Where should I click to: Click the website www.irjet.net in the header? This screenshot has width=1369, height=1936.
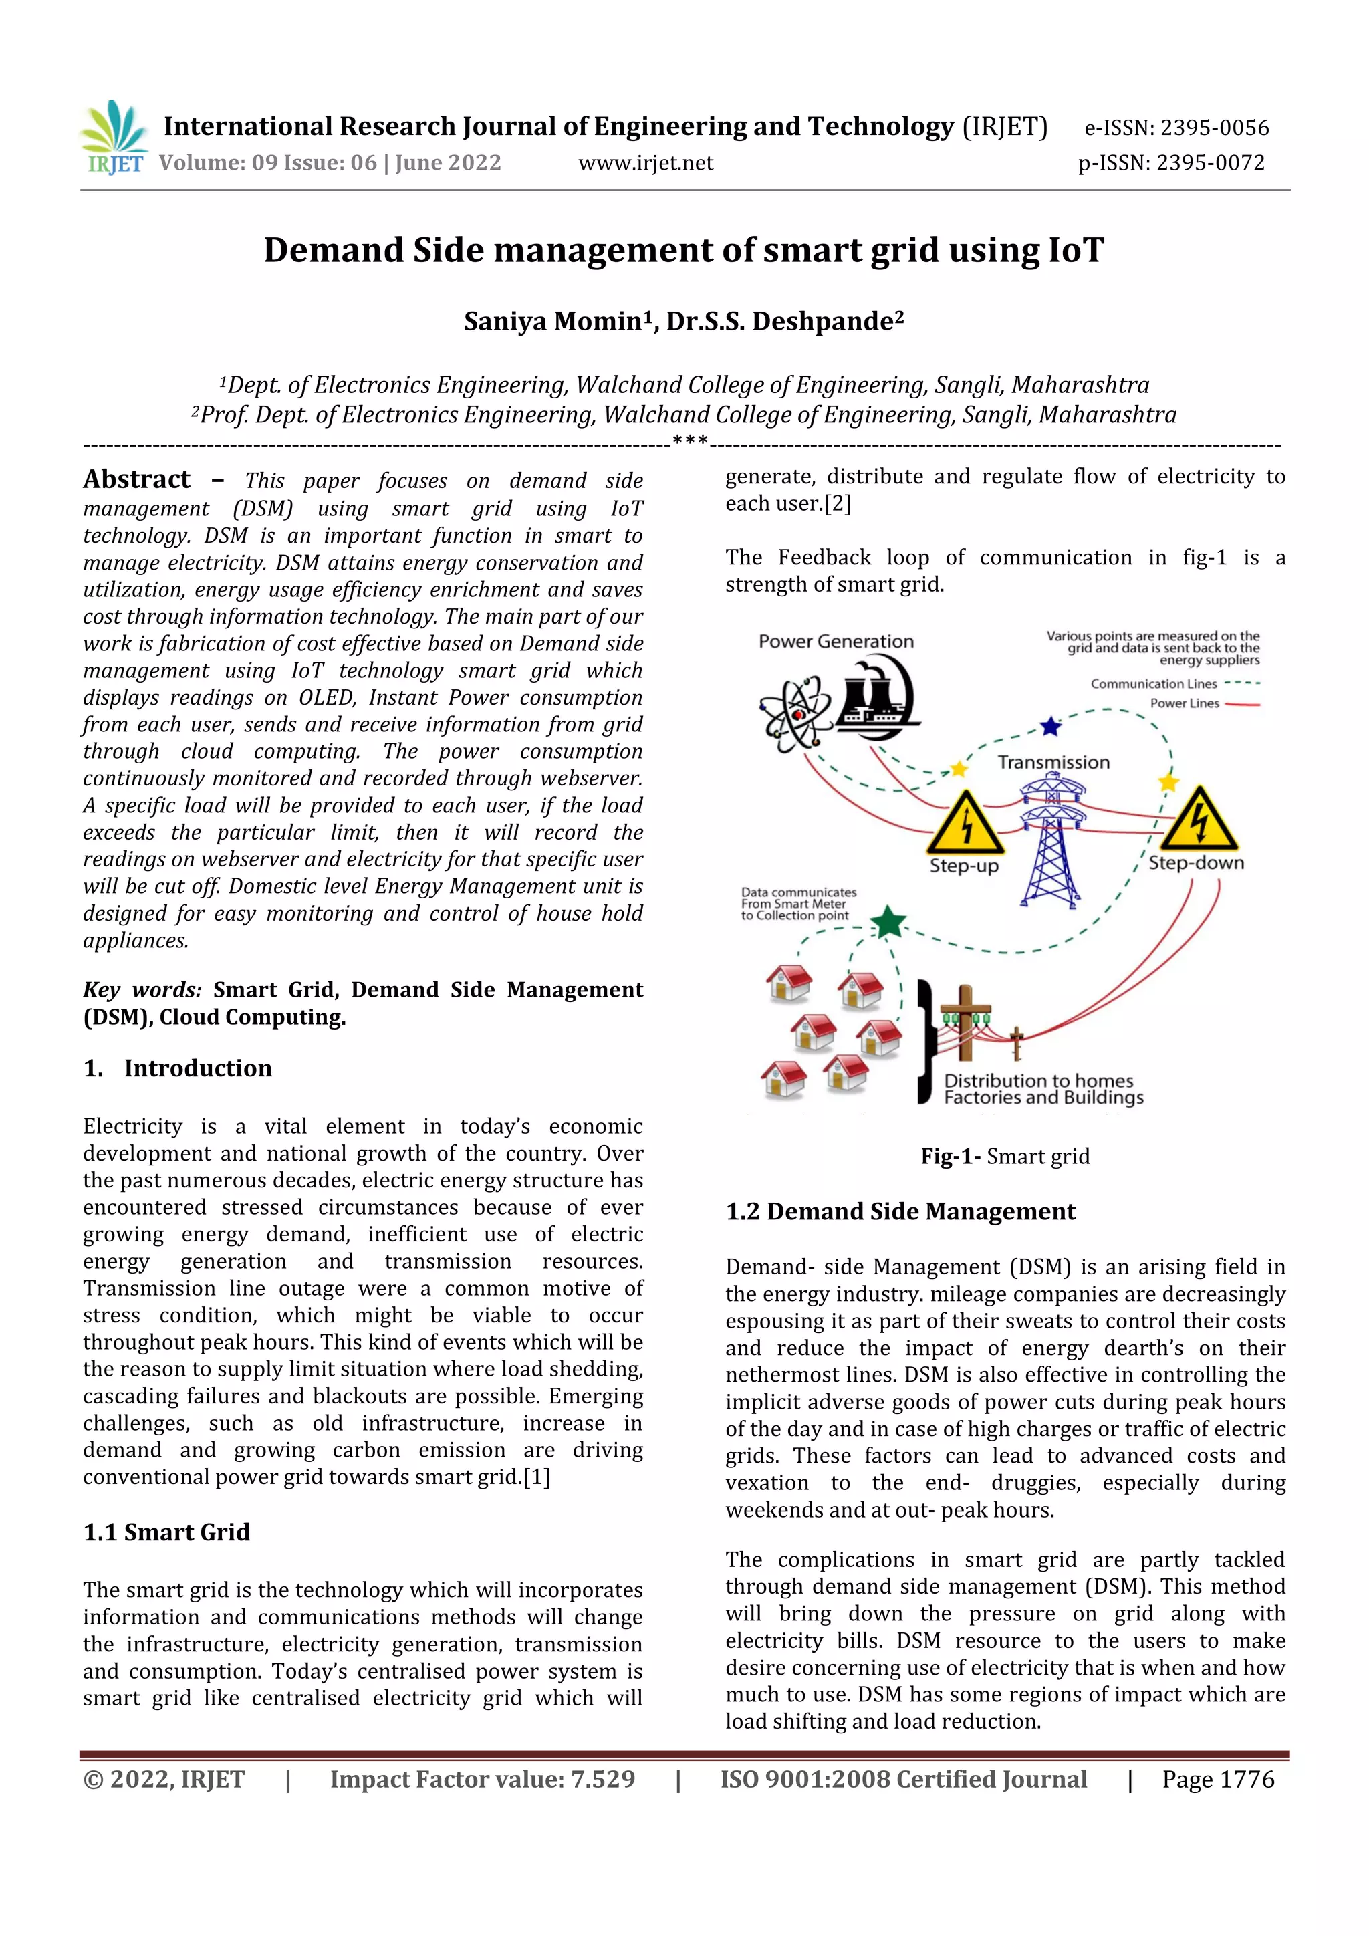point(645,162)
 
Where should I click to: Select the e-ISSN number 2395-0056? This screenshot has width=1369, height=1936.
point(1214,128)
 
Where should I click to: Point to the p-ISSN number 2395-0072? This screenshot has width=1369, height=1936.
point(1210,162)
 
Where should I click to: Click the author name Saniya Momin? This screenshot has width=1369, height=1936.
point(553,322)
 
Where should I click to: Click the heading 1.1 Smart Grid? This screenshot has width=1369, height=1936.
point(167,1532)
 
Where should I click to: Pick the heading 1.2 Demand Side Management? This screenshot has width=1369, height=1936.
point(900,1212)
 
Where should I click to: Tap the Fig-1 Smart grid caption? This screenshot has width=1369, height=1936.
point(1005,1156)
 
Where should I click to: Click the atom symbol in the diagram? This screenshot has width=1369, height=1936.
point(795,714)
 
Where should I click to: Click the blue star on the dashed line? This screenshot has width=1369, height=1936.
point(1050,726)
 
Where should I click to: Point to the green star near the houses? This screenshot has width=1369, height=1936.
point(887,922)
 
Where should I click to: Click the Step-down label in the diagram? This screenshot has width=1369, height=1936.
point(1195,862)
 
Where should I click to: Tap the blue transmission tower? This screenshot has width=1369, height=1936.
point(1050,843)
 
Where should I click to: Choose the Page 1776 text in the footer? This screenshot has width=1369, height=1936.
point(1217,1779)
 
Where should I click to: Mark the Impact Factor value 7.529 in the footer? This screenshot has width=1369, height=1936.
point(482,1779)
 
